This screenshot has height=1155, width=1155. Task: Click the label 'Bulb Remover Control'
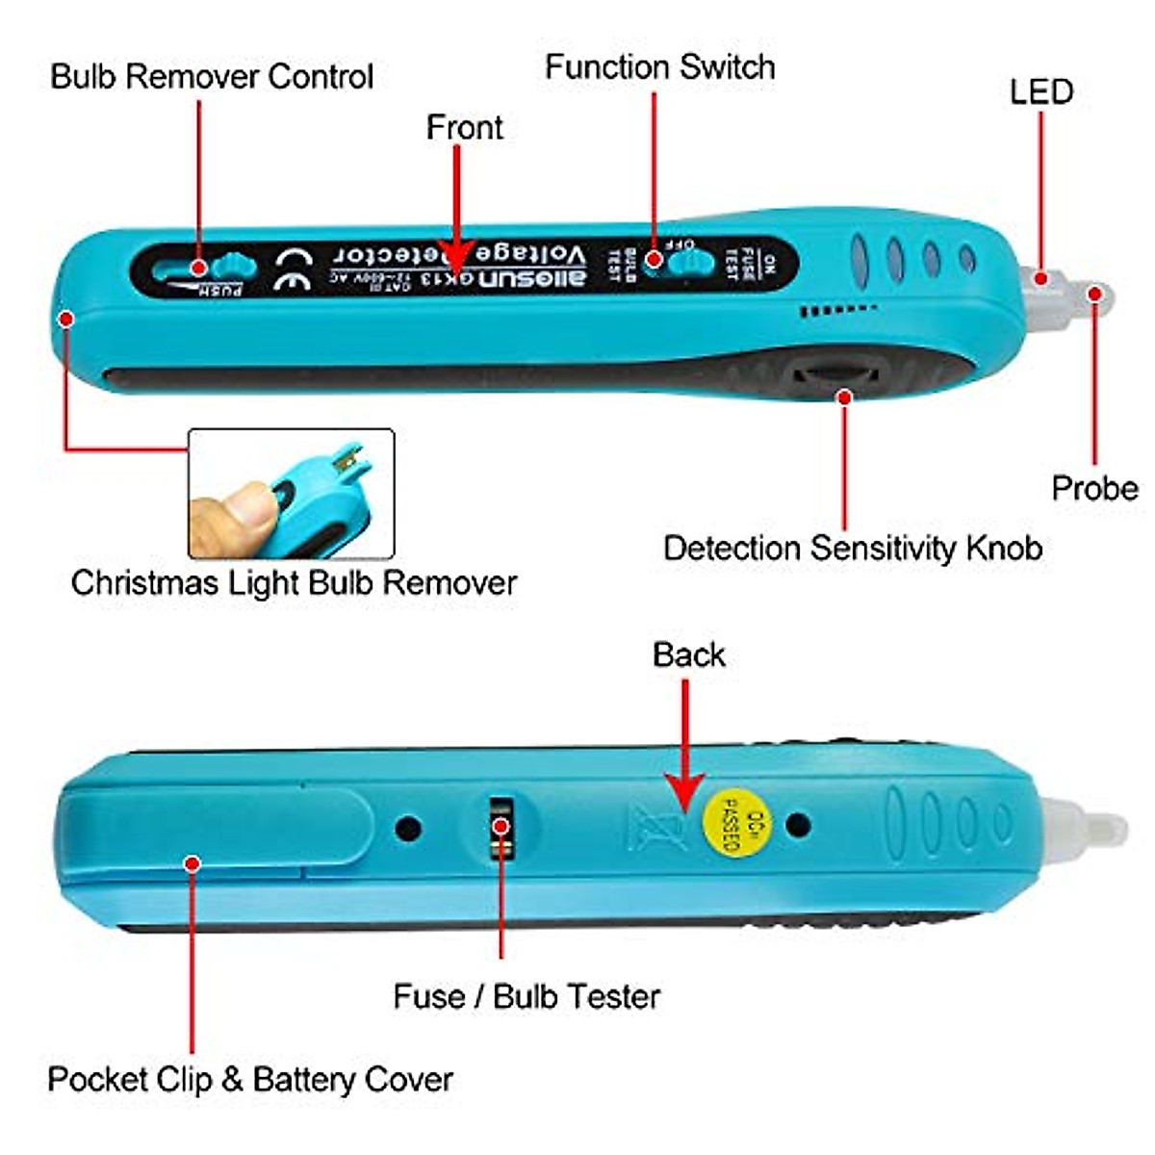(212, 76)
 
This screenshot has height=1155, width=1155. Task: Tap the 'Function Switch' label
(659, 66)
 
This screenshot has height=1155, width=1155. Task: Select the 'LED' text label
(1040, 91)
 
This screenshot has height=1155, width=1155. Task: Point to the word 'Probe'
(1094, 488)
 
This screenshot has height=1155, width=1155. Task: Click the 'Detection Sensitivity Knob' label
(853, 548)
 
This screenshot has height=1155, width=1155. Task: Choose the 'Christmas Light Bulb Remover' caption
(294, 582)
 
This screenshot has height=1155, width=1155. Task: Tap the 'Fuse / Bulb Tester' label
(526, 995)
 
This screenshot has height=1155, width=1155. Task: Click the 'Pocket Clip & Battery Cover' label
(250, 1079)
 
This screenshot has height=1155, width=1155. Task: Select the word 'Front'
(464, 127)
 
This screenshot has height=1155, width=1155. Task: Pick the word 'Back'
(688, 654)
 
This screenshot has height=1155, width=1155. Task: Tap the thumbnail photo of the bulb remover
(291, 494)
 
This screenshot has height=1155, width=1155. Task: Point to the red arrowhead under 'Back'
(684, 795)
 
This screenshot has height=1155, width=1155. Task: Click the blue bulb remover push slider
(231, 266)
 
